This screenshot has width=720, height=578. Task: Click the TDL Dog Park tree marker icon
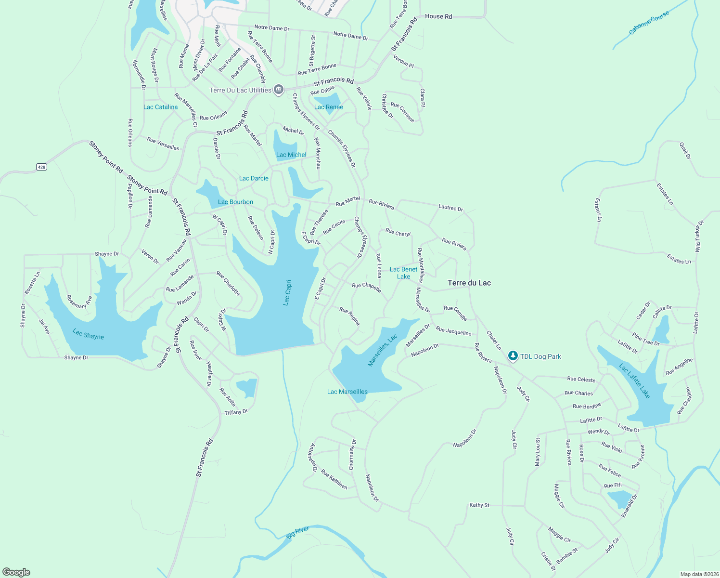pyautogui.click(x=513, y=356)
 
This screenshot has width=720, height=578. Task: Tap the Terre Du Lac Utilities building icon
pyautogui.click(x=278, y=90)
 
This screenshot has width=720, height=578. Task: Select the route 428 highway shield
pyautogui.click(x=41, y=167)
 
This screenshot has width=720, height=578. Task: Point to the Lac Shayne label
pyautogui.click(x=88, y=334)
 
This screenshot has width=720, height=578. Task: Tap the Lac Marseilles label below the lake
pyautogui.click(x=347, y=392)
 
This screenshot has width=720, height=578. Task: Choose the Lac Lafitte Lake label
pyautogui.click(x=635, y=381)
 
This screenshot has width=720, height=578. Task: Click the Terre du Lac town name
pyautogui.click(x=469, y=283)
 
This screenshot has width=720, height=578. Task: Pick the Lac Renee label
pyautogui.click(x=329, y=107)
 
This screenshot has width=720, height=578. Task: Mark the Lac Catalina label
pyautogui.click(x=160, y=107)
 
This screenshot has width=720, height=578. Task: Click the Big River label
pyautogui.click(x=297, y=533)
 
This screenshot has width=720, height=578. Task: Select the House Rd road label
pyautogui.click(x=438, y=16)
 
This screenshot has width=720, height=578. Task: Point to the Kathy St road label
pyautogui.click(x=479, y=505)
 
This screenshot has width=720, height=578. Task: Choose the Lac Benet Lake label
pyautogui.click(x=403, y=273)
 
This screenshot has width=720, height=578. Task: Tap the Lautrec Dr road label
pyautogui.click(x=450, y=208)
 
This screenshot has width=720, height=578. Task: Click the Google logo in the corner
pyautogui.click(x=16, y=572)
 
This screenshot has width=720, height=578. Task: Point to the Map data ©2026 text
pyautogui.click(x=699, y=574)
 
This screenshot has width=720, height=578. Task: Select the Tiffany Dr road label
pyautogui.click(x=236, y=412)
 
